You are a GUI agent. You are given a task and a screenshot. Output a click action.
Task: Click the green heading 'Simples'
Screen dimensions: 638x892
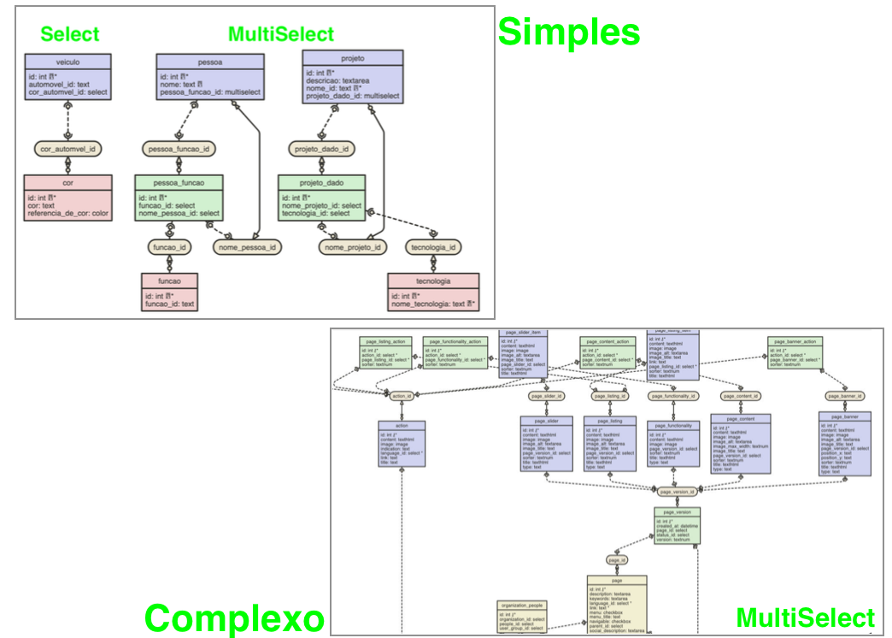coord(568,32)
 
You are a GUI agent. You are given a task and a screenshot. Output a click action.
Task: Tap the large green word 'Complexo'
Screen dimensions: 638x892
coord(234,617)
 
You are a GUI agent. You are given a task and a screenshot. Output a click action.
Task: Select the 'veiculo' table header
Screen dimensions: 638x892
coord(67,61)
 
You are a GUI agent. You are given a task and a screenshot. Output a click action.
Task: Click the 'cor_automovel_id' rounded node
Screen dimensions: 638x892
coord(67,149)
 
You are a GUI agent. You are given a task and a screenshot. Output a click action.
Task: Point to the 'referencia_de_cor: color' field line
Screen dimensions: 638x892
coord(67,214)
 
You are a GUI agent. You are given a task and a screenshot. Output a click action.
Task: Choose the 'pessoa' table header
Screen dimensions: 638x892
coord(208,61)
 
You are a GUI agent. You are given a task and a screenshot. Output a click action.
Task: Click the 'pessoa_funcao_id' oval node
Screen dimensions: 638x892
coord(178,149)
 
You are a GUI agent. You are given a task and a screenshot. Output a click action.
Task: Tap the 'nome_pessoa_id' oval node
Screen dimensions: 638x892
coord(249,247)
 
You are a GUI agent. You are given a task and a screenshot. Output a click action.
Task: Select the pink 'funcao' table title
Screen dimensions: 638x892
coord(169,280)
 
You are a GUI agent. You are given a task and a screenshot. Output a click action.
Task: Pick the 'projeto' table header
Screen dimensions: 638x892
coord(352,58)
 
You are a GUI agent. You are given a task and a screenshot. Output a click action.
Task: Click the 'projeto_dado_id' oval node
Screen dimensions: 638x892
coord(322,149)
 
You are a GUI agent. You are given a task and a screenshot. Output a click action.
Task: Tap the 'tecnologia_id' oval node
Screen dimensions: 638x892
coord(433,247)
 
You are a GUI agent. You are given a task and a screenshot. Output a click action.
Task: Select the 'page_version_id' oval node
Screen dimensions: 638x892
coord(678,492)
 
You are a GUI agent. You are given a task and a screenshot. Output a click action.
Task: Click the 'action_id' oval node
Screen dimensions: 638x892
coord(401,396)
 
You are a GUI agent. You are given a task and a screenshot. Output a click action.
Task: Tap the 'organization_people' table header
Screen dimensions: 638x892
coord(522,605)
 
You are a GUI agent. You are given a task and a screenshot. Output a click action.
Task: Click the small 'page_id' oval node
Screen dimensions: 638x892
coord(617,559)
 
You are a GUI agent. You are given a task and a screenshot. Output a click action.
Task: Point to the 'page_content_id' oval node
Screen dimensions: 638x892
coord(740,396)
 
